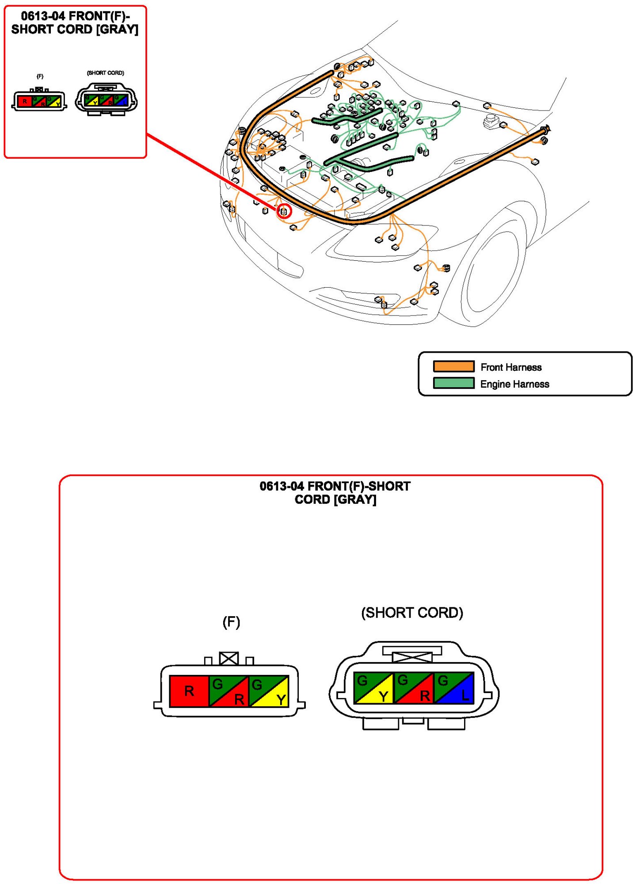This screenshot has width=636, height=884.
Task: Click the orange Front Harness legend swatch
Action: pos(453,366)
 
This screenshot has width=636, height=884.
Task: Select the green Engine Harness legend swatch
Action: pos(453,383)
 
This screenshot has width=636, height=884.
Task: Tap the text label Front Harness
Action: pos(511,367)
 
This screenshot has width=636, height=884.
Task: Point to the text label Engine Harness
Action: pos(514,384)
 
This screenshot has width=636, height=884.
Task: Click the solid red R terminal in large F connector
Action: pos(189,691)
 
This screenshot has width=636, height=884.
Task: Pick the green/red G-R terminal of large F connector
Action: pos(229,691)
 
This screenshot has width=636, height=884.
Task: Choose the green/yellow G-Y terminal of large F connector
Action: pos(269,691)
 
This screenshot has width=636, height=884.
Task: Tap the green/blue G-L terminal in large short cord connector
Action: pos(454,688)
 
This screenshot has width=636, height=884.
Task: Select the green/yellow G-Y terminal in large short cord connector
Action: pos(373,688)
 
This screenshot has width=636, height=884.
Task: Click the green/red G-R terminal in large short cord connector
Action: pos(414,688)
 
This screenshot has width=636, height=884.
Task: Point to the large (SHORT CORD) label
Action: pos(412,613)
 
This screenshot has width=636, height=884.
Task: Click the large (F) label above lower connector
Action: pos(231,622)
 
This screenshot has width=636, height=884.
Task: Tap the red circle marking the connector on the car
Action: pos(284,211)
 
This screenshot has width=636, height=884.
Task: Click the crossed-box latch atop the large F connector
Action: pos(229,659)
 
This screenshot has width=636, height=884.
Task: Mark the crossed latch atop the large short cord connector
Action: pos(412,657)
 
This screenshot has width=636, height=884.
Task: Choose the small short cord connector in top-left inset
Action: pos(106,100)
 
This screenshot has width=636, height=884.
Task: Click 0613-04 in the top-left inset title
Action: pos(43,16)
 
